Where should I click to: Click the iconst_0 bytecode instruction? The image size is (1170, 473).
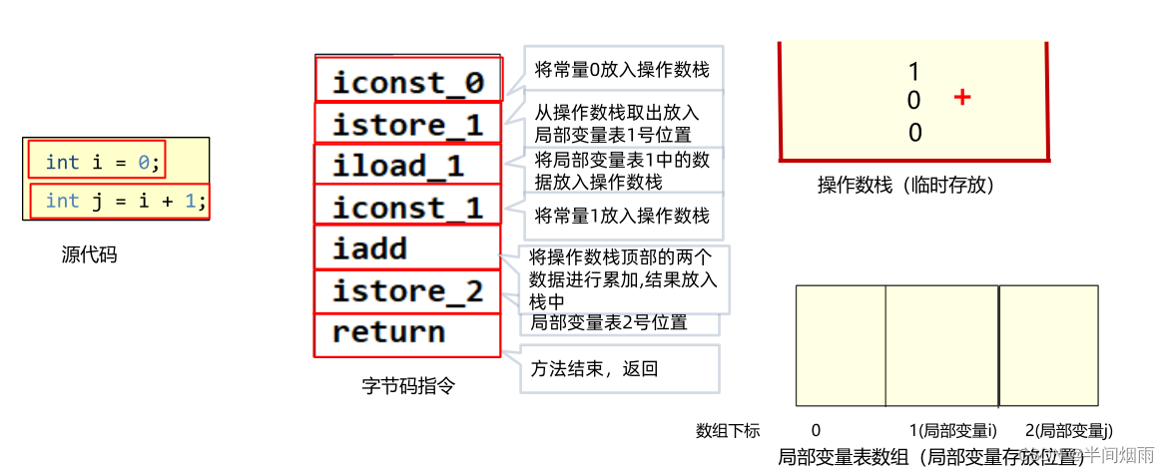[x=407, y=83]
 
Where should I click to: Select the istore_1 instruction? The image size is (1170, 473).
[x=407, y=125]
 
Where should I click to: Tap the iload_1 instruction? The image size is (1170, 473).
[x=398, y=166]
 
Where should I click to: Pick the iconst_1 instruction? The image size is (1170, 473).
[x=407, y=208]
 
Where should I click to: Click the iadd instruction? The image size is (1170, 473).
[x=369, y=248]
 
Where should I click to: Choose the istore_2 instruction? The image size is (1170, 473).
[x=407, y=291]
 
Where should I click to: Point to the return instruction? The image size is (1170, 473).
[x=388, y=332]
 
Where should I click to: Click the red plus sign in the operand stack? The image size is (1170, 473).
[x=962, y=98]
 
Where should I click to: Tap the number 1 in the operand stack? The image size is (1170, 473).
[x=913, y=71]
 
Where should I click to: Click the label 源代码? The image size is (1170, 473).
[x=89, y=254]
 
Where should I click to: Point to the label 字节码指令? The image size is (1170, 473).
[x=408, y=385]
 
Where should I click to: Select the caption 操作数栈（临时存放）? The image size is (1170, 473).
[x=905, y=185]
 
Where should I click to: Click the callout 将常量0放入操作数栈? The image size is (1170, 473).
[x=622, y=70]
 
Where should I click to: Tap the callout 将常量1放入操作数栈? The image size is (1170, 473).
[x=622, y=215]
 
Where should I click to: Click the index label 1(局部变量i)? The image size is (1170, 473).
[x=953, y=431]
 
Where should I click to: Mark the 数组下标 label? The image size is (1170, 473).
[x=728, y=431]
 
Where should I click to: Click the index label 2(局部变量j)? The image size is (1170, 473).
[x=1068, y=431]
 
